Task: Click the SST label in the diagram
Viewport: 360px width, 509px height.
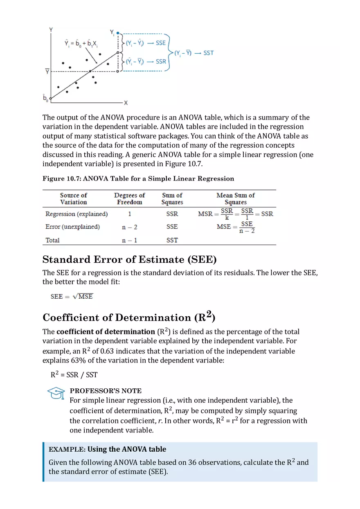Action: coord(208,53)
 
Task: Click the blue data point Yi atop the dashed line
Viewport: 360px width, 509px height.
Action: coord(118,32)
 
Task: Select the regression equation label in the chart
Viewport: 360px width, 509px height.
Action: coord(81,43)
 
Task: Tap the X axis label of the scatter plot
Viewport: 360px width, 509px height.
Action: coord(126,103)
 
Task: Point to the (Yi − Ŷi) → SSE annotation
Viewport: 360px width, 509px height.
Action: coord(146,43)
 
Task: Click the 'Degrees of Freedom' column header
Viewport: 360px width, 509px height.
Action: coord(129,198)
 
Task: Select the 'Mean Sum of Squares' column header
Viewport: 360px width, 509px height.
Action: coord(235,198)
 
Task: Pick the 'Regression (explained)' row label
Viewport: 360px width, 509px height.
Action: coord(76,214)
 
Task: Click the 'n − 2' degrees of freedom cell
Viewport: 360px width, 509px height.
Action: coord(129,227)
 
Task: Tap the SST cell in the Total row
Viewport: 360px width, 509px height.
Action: coord(172,240)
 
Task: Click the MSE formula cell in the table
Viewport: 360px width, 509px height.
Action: coord(236,227)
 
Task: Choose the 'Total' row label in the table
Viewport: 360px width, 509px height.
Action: coord(52,240)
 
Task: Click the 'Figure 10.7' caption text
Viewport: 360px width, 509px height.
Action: coord(138,178)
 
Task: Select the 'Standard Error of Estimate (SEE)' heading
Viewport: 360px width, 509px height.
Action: coord(129,260)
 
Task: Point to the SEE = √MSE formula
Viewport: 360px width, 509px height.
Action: coord(72,296)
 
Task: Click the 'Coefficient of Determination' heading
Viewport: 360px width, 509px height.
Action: coord(128,317)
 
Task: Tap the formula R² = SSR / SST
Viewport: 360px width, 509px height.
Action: coord(74,374)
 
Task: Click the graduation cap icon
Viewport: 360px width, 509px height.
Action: coord(56,394)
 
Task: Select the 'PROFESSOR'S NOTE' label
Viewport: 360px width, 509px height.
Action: coord(106,391)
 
